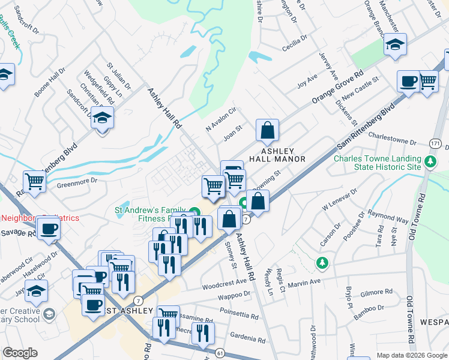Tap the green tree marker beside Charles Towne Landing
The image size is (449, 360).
coord(430,162)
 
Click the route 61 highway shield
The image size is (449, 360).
coord(220,353)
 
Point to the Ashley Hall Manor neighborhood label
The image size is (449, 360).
coord(283,154)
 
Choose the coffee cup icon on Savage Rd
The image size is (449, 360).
coord(48,228)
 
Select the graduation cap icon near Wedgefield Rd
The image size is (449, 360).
coord(102,118)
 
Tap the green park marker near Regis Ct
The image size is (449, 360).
coord(322,262)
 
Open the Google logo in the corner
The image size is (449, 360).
coord(20,353)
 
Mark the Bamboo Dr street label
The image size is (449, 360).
coord(369,308)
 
